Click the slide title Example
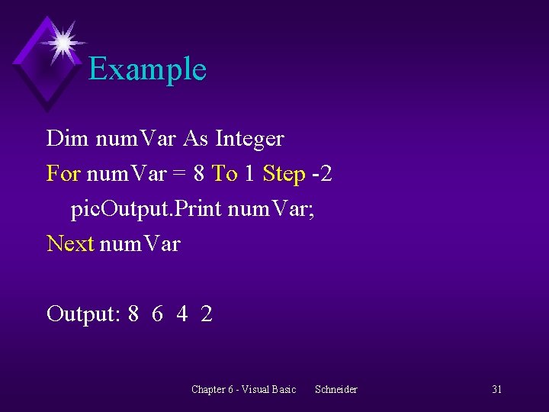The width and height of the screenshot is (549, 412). click(147, 69)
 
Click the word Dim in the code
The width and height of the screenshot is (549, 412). click(66, 139)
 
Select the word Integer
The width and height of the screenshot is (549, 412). click(249, 139)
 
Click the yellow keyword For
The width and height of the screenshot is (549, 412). click(63, 174)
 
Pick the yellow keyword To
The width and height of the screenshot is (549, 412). click(224, 174)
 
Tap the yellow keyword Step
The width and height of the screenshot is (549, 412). click(284, 174)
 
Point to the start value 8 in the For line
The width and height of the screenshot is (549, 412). click(199, 174)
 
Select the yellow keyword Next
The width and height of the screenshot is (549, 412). click(70, 244)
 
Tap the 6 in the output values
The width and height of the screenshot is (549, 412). click(157, 314)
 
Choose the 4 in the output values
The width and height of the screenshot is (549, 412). click(181, 314)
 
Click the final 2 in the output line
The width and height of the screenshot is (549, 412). click(207, 314)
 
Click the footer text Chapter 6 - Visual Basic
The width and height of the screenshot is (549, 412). click(243, 390)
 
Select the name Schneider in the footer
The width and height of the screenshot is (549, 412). click(336, 390)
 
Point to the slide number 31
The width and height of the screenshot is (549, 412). click(496, 390)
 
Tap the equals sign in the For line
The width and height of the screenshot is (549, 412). click(178, 174)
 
